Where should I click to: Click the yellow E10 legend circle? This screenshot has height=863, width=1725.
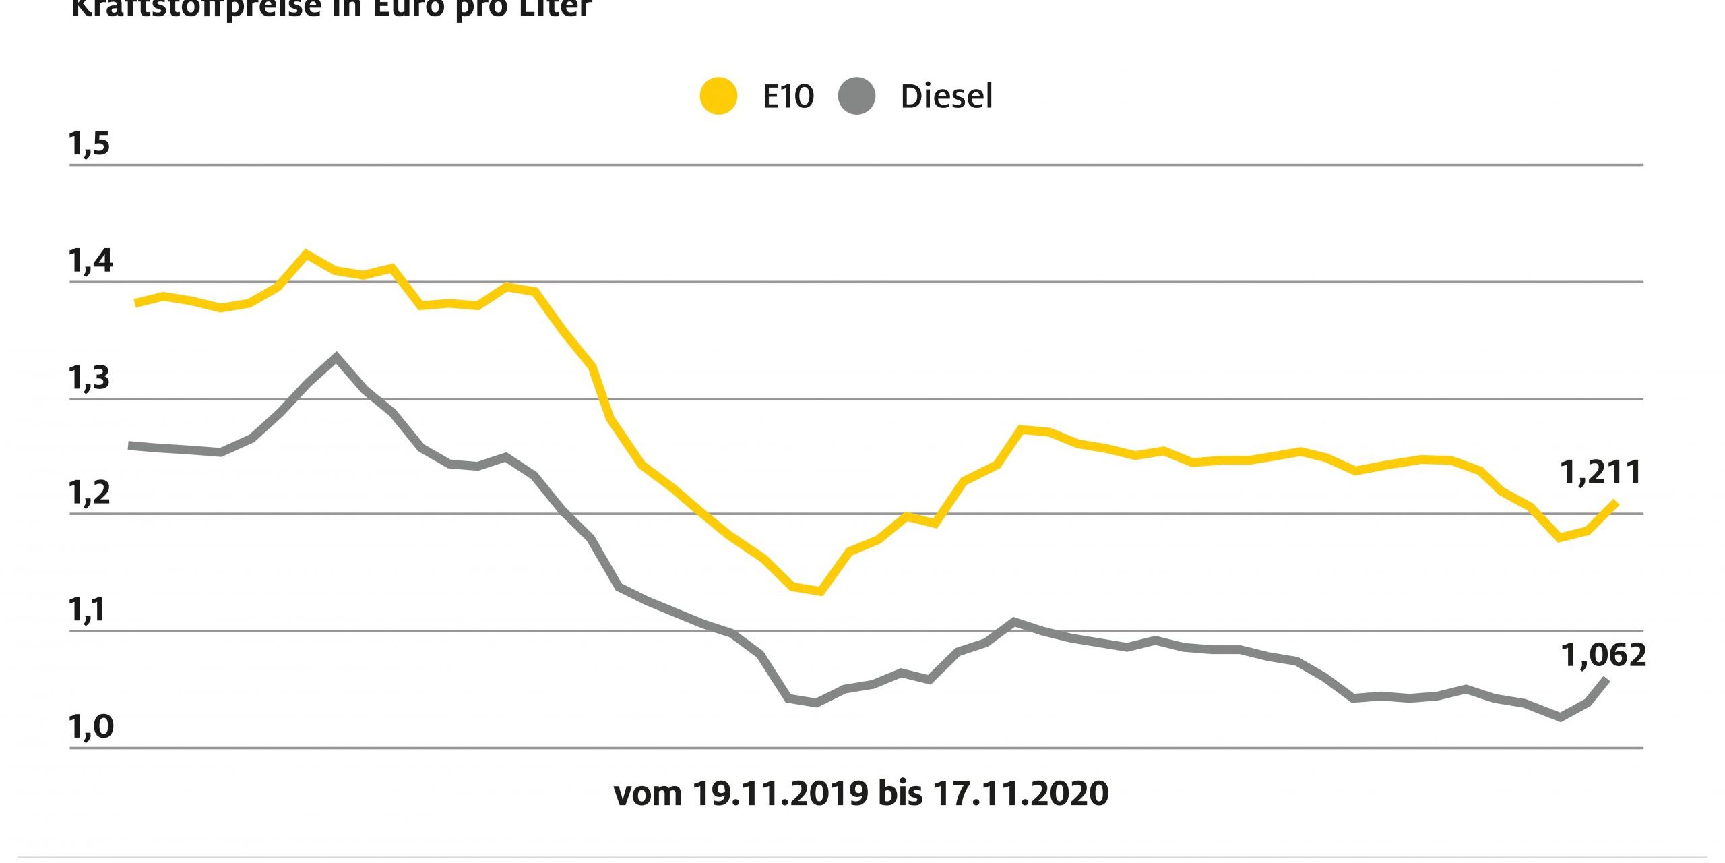(x=718, y=96)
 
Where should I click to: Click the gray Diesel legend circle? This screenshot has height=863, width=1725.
(x=856, y=96)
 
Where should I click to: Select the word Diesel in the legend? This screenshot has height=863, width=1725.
(x=946, y=96)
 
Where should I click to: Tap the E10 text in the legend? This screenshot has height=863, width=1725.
(x=788, y=96)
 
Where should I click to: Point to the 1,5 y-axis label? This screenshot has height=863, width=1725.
(x=89, y=144)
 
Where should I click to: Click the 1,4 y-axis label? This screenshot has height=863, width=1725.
(x=90, y=261)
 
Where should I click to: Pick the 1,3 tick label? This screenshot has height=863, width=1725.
(x=89, y=378)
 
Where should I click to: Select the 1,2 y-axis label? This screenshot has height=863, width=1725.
(x=89, y=494)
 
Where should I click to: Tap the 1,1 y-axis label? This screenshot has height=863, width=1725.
(x=88, y=610)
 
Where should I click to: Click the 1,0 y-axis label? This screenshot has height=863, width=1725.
(x=91, y=727)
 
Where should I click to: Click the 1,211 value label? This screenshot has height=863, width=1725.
(x=1600, y=473)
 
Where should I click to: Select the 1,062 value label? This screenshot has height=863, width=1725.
(x=1603, y=655)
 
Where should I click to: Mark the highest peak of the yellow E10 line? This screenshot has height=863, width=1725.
(x=306, y=254)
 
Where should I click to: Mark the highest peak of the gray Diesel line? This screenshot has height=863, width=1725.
(x=336, y=357)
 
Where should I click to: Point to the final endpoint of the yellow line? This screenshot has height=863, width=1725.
(x=1615, y=503)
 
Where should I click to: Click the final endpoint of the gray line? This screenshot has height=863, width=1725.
(x=1607, y=680)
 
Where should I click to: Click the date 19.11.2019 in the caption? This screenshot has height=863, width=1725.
(x=780, y=794)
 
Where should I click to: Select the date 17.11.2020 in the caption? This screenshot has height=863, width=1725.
(x=1020, y=794)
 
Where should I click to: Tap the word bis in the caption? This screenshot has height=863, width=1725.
(x=900, y=794)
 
